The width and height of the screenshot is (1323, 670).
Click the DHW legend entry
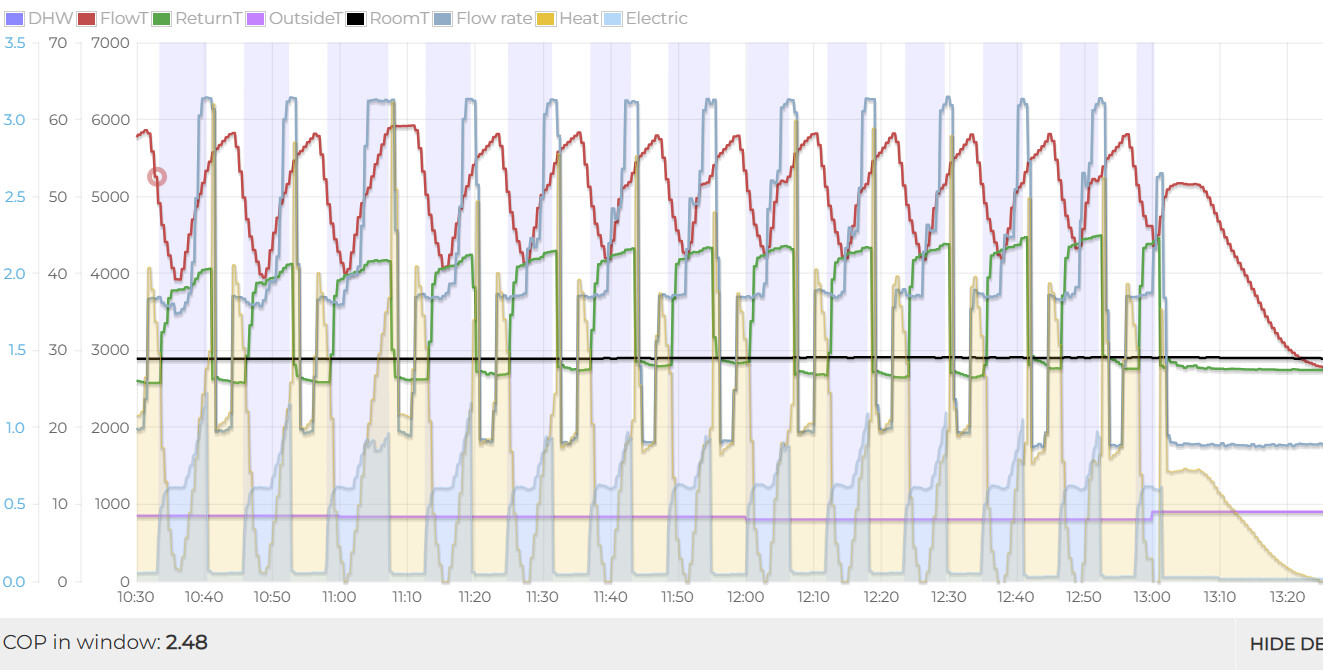(x=38, y=18)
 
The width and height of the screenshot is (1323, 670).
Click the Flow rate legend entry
(x=494, y=18)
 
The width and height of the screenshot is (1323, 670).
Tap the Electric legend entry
(x=656, y=18)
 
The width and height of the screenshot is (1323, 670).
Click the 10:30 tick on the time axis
(x=136, y=597)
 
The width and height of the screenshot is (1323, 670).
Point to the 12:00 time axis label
(x=746, y=597)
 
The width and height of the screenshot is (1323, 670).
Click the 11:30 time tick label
(x=542, y=597)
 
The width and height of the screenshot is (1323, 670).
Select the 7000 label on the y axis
(x=110, y=43)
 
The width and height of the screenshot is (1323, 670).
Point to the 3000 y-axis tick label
(x=110, y=350)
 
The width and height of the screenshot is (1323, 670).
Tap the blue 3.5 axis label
(x=14, y=43)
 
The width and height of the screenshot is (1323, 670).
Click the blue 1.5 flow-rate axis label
(x=14, y=350)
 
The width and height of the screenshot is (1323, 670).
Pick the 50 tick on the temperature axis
(x=58, y=197)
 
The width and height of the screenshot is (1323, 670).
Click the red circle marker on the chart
(x=157, y=177)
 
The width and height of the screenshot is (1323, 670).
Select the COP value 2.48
(x=187, y=642)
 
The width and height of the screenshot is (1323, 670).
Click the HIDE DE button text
(x=1285, y=644)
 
